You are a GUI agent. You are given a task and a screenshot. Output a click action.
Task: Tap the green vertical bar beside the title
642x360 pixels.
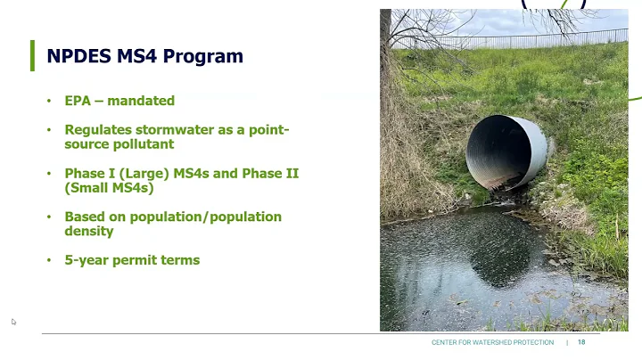pos(33,55)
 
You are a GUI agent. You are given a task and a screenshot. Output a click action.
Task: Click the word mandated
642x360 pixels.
pos(142,101)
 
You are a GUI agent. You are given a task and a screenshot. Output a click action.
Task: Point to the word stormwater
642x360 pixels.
pos(167,130)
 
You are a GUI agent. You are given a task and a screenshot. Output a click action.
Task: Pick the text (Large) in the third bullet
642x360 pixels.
pos(141,174)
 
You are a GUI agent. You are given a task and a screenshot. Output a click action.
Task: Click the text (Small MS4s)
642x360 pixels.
pos(109,188)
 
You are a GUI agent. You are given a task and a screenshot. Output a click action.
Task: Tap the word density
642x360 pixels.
pos(88,231)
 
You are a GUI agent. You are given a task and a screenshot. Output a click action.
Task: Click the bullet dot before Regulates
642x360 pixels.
pos(49,130)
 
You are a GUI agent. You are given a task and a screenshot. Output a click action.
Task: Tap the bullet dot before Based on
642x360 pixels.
pos(49,217)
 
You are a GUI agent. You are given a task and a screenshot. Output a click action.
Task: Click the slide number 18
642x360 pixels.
pos(581,343)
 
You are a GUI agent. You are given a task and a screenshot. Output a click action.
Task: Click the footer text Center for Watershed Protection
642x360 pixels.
pos(492,343)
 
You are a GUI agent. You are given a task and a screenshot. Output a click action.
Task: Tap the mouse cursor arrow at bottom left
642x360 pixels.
pos(13,322)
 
